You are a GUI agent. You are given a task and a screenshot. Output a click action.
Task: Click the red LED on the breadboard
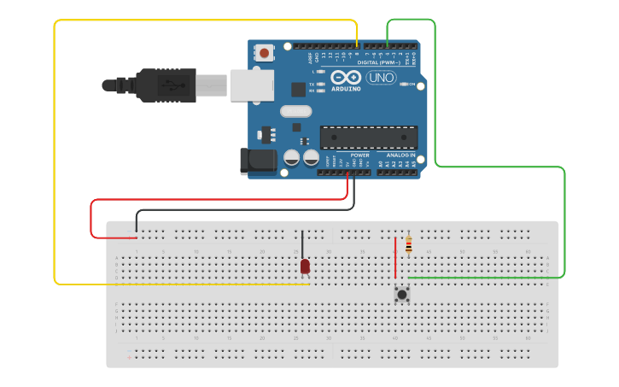pos(305,267)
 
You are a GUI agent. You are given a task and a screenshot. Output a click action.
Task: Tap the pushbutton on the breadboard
pos(401,294)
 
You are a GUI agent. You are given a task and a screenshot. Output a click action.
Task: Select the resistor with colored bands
pos(408,245)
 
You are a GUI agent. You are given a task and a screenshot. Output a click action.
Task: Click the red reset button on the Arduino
pos(264,53)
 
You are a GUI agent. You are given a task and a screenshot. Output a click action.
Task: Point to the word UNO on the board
pos(381,78)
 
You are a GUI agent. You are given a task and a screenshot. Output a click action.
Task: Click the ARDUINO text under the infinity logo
pos(346,88)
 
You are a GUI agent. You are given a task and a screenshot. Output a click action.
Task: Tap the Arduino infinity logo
pos(346,77)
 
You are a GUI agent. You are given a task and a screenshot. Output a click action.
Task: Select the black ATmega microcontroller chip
pos(369,137)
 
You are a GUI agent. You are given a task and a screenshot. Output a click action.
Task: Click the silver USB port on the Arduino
pos(253,85)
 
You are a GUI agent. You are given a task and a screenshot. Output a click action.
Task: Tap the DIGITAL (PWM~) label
pos(379,62)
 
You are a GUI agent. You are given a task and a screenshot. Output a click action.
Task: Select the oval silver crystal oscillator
pos(296,111)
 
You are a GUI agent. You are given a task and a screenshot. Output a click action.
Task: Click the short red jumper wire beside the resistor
pos(395,259)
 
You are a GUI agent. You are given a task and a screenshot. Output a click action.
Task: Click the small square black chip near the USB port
pos(298,89)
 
